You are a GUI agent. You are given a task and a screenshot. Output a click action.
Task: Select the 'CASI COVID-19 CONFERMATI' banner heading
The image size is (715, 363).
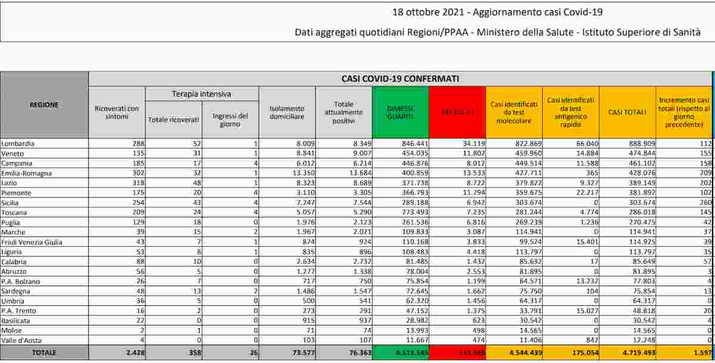(x=400, y=79)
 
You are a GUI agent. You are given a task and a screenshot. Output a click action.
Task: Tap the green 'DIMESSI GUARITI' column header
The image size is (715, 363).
(x=400, y=113)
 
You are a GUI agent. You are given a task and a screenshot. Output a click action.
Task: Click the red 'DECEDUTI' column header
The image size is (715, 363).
(x=457, y=113)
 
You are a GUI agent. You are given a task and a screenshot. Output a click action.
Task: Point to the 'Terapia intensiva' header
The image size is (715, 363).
(x=201, y=94)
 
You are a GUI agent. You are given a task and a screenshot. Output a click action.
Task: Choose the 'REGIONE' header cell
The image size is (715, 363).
(x=44, y=105)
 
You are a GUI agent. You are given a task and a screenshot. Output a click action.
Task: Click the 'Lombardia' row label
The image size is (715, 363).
(x=18, y=144)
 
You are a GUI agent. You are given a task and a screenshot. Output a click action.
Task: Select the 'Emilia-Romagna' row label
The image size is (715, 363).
(x=26, y=173)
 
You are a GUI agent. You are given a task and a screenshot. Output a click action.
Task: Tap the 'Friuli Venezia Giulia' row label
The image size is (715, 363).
(x=32, y=242)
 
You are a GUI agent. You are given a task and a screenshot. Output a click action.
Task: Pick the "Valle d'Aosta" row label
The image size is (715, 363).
(x=22, y=340)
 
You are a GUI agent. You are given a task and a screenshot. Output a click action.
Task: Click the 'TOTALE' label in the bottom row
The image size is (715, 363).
(x=44, y=352)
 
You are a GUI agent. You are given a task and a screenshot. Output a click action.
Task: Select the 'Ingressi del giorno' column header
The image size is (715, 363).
(x=230, y=120)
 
